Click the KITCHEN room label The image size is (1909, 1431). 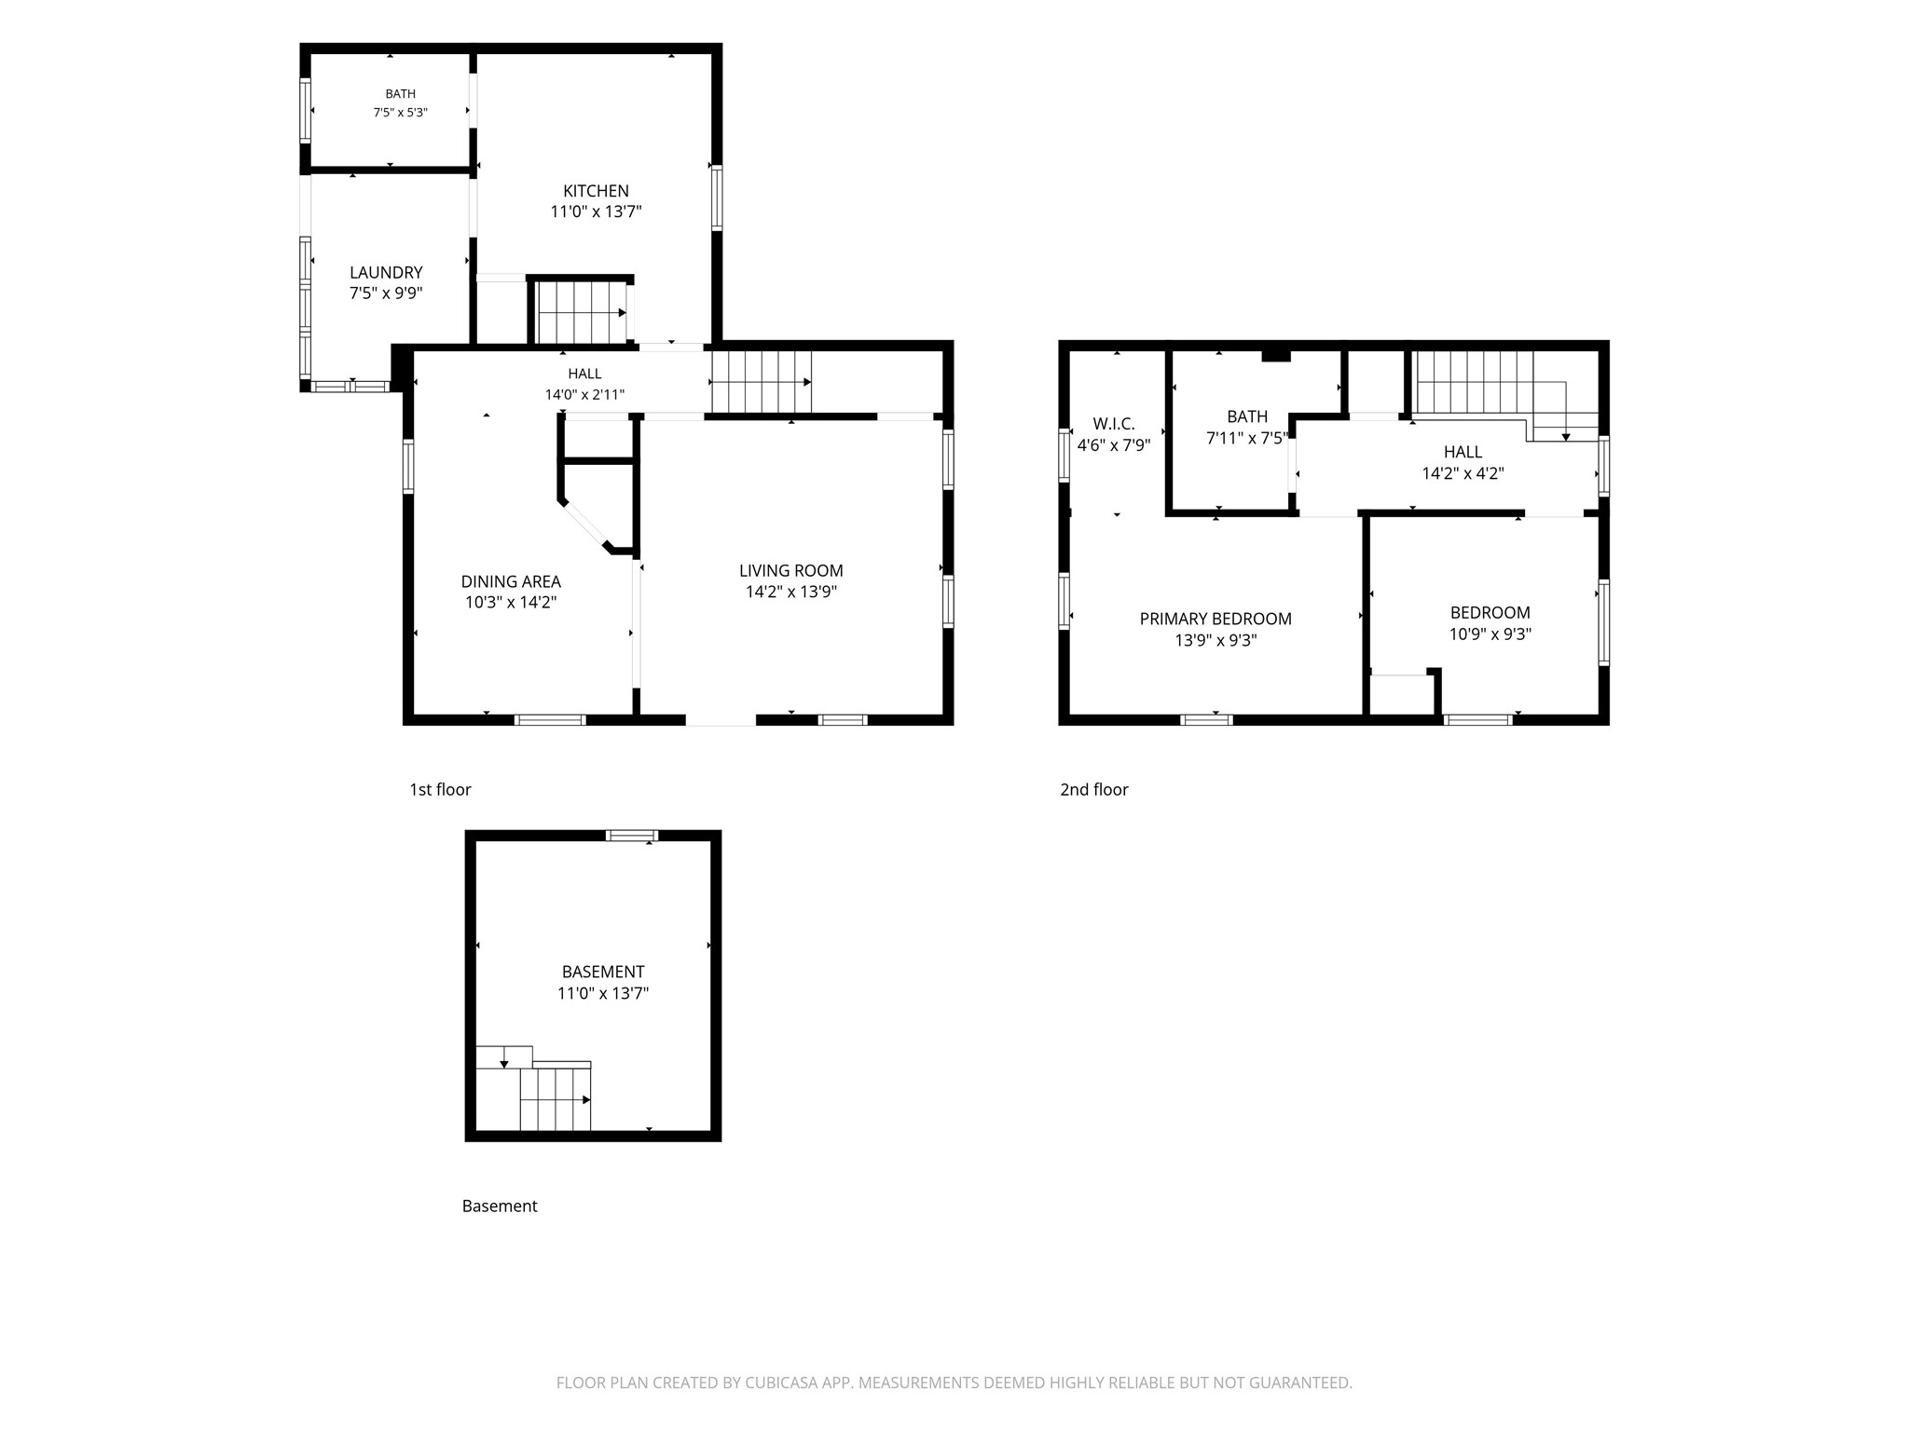coord(596,191)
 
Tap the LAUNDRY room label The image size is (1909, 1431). coord(386,272)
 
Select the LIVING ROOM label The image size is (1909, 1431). coord(791,570)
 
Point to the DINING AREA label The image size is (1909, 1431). coord(511,581)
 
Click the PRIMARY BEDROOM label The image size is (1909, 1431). coord(1215,619)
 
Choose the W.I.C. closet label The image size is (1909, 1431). coord(1114,424)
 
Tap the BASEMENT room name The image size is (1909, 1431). coord(603,972)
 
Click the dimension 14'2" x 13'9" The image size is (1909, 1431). coord(791,592)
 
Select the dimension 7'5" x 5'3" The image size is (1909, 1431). coord(401,113)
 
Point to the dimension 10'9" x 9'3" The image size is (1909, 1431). coord(1490,634)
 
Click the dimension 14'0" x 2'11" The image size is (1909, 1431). coord(585,394)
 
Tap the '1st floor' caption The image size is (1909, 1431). coord(440,790)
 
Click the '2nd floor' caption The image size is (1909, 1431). coord(1094,790)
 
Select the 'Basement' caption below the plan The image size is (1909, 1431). coord(500,1206)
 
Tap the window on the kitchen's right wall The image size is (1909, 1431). coord(717,198)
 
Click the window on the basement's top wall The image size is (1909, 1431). coord(632,836)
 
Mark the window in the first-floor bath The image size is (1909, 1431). coord(305,111)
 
